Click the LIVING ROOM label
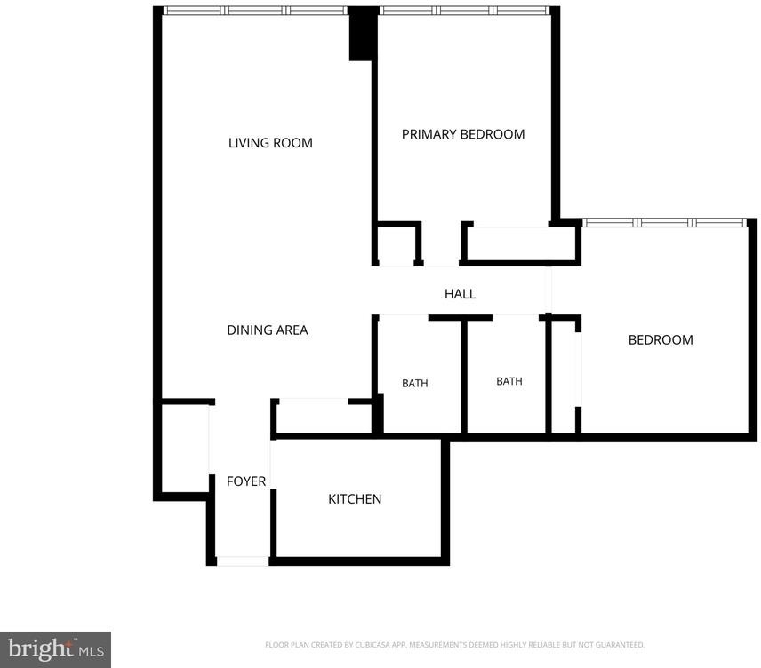(x=270, y=143)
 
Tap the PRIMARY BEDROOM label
(x=463, y=134)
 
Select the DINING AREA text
(x=268, y=330)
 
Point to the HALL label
(x=460, y=294)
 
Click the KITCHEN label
(x=355, y=499)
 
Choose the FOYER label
(x=246, y=481)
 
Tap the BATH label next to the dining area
(x=415, y=383)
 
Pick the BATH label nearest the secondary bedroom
(x=509, y=381)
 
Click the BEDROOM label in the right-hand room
(x=661, y=340)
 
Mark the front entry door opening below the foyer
(x=242, y=561)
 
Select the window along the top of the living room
(x=255, y=11)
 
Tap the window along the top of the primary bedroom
(x=464, y=11)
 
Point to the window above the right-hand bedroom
(x=664, y=223)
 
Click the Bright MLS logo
(x=56, y=649)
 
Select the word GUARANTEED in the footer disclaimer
(x=620, y=645)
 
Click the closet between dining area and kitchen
(x=324, y=418)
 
